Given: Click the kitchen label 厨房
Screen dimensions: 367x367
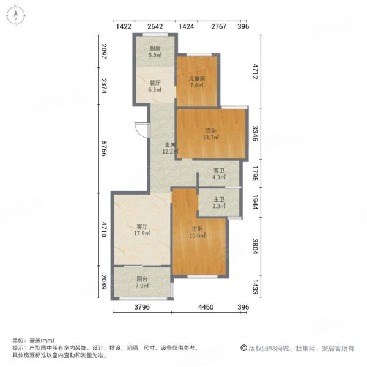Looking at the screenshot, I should [x=155, y=48].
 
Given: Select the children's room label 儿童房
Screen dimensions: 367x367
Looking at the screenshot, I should [x=196, y=79].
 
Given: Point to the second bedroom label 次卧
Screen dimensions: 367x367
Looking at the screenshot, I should [x=212, y=130].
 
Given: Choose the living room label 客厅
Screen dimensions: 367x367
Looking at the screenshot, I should [x=141, y=227].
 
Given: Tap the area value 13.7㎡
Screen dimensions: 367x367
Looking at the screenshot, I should [x=212, y=138].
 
